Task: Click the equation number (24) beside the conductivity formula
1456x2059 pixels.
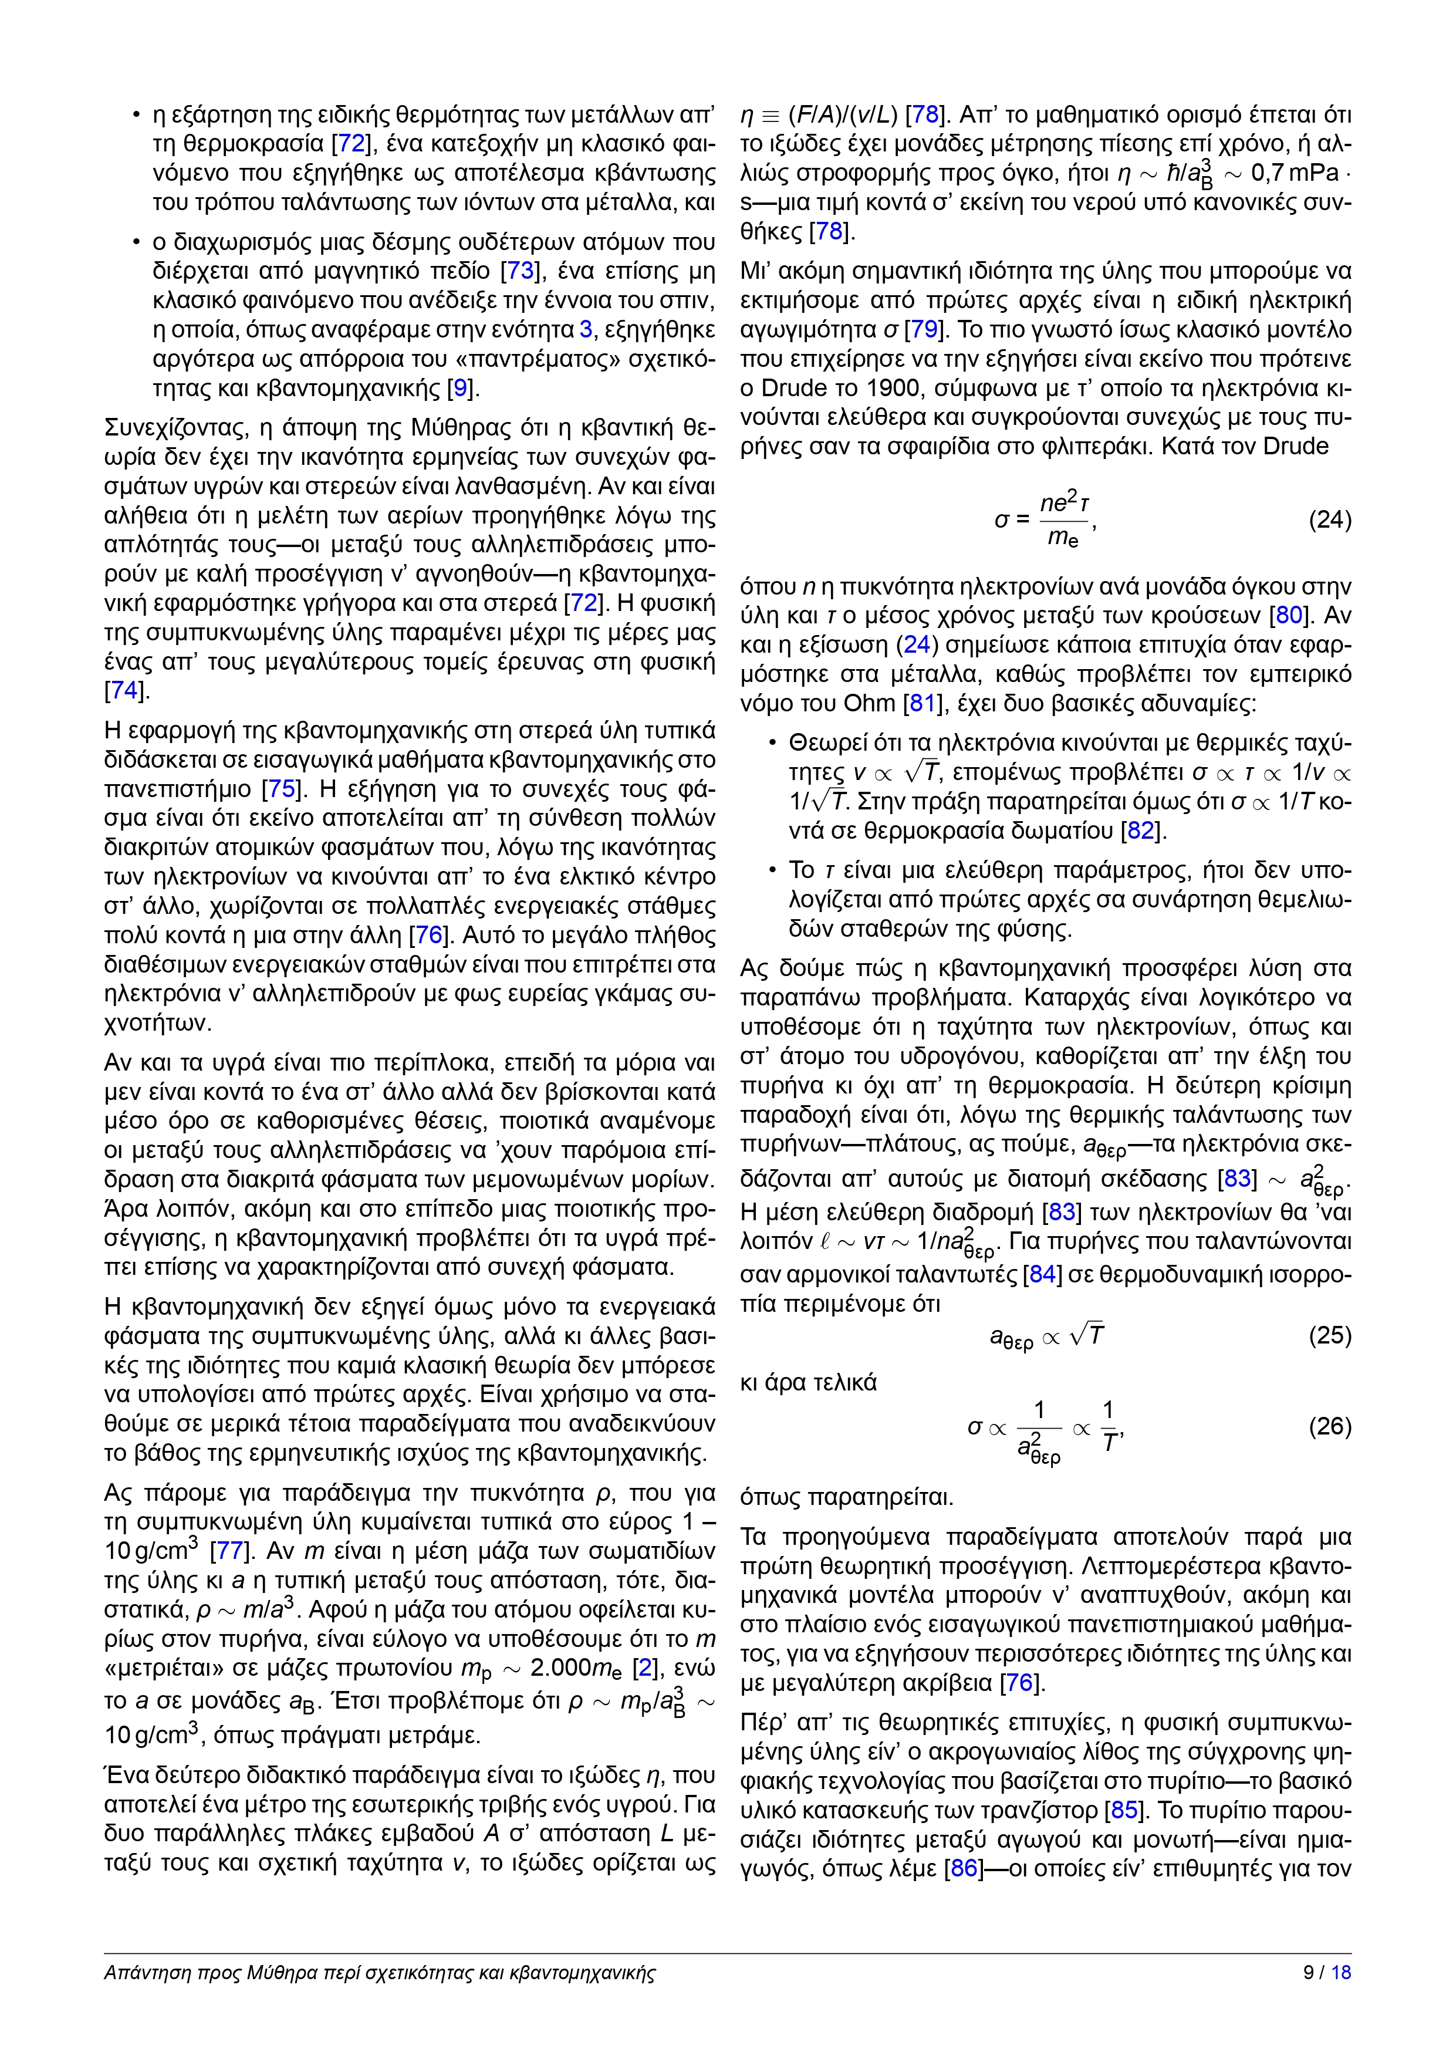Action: click(x=1330, y=520)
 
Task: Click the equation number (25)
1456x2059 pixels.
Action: click(x=1330, y=1335)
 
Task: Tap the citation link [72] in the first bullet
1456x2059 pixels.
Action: click(x=350, y=143)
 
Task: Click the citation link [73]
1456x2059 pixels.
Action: click(x=520, y=271)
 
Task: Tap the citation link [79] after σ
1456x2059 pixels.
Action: click(x=924, y=329)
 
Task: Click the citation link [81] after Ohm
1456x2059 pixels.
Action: click(x=923, y=703)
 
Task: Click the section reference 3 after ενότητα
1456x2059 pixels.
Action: click(x=586, y=329)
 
